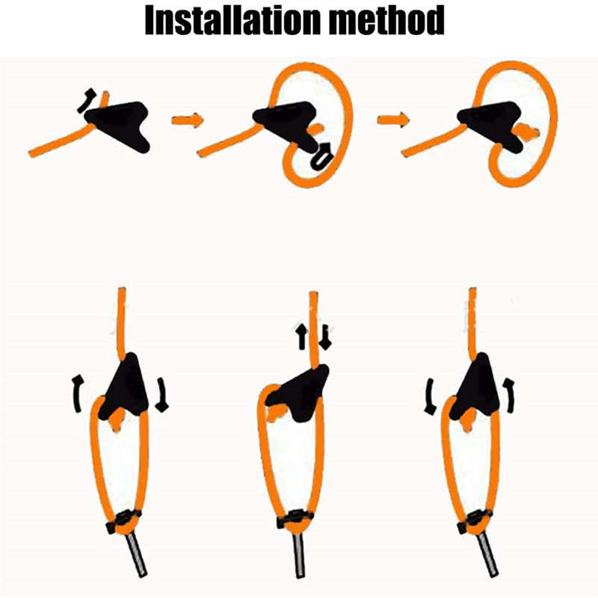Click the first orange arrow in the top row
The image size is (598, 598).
pos(188,120)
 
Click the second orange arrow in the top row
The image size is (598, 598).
pos(393,120)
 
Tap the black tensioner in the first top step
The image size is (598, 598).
pos(119,124)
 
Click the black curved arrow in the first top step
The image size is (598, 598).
pos(86,101)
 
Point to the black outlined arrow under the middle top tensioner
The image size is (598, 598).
pos(322,155)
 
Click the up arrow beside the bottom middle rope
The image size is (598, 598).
pos(302,336)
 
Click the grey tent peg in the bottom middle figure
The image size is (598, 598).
pos(300,555)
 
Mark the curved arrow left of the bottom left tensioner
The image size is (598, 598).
pos(78,393)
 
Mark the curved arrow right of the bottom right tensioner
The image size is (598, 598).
pos(510,395)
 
